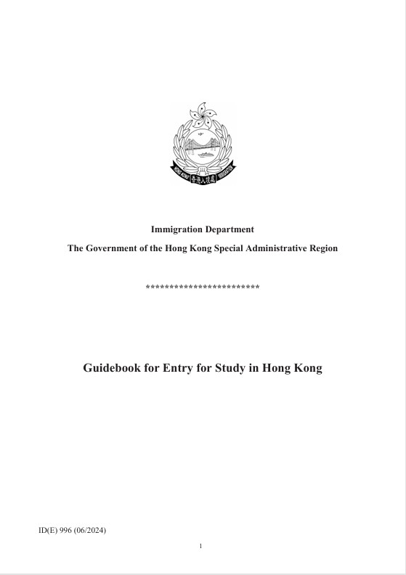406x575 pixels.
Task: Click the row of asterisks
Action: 203,287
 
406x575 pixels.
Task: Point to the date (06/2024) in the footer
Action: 91,531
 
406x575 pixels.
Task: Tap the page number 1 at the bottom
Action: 201,546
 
